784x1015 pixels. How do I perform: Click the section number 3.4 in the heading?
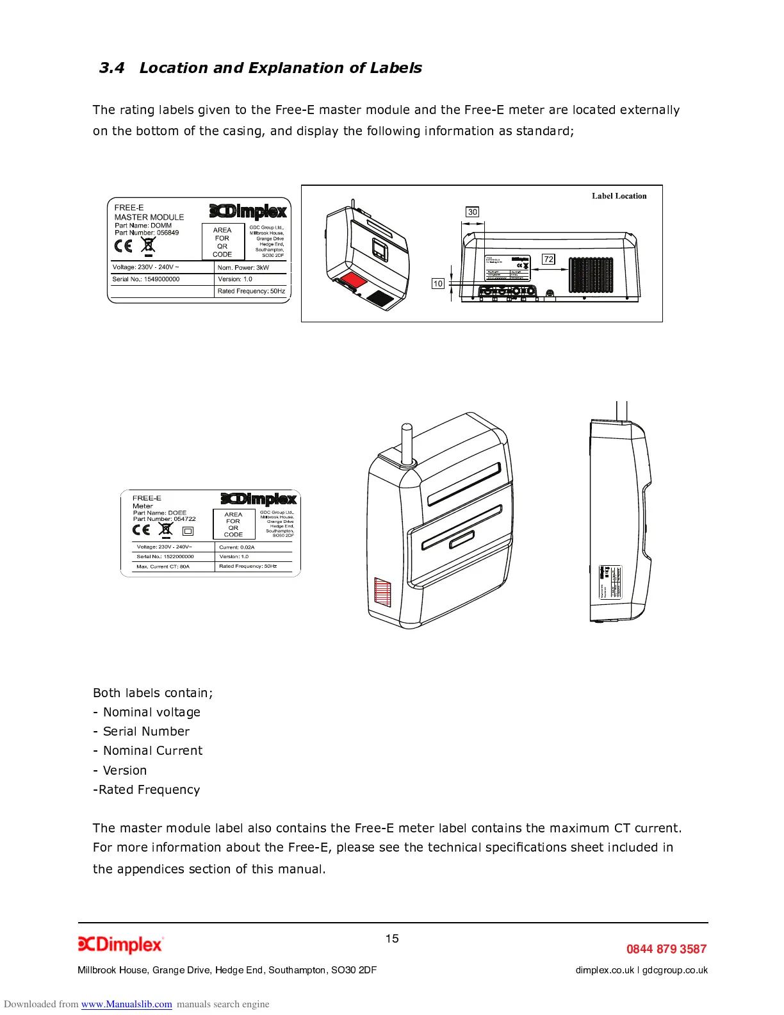(x=111, y=68)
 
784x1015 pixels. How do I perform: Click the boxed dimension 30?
(x=472, y=212)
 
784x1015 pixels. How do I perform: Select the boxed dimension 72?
(x=548, y=259)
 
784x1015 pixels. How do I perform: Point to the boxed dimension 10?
(x=438, y=283)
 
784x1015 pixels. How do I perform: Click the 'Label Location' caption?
(x=619, y=196)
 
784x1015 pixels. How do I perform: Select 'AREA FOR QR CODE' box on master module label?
(x=222, y=242)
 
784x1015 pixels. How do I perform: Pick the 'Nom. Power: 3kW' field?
(x=243, y=267)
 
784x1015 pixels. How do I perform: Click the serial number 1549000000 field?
(x=146, y=279)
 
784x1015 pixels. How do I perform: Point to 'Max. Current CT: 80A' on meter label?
(x=163, y=566)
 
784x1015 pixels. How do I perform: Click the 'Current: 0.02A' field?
(x=237, y=547)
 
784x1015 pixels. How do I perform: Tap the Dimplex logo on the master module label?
(x=249, y=211)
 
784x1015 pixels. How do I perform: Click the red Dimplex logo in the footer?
(x=120, y=945)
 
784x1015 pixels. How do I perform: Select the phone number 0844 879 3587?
(x=666, y=949)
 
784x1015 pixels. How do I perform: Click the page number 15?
(x=392, y=939)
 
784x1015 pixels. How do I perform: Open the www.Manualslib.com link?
(x=126, y=1004)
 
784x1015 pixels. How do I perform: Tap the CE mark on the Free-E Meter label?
(x=142, y=530)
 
